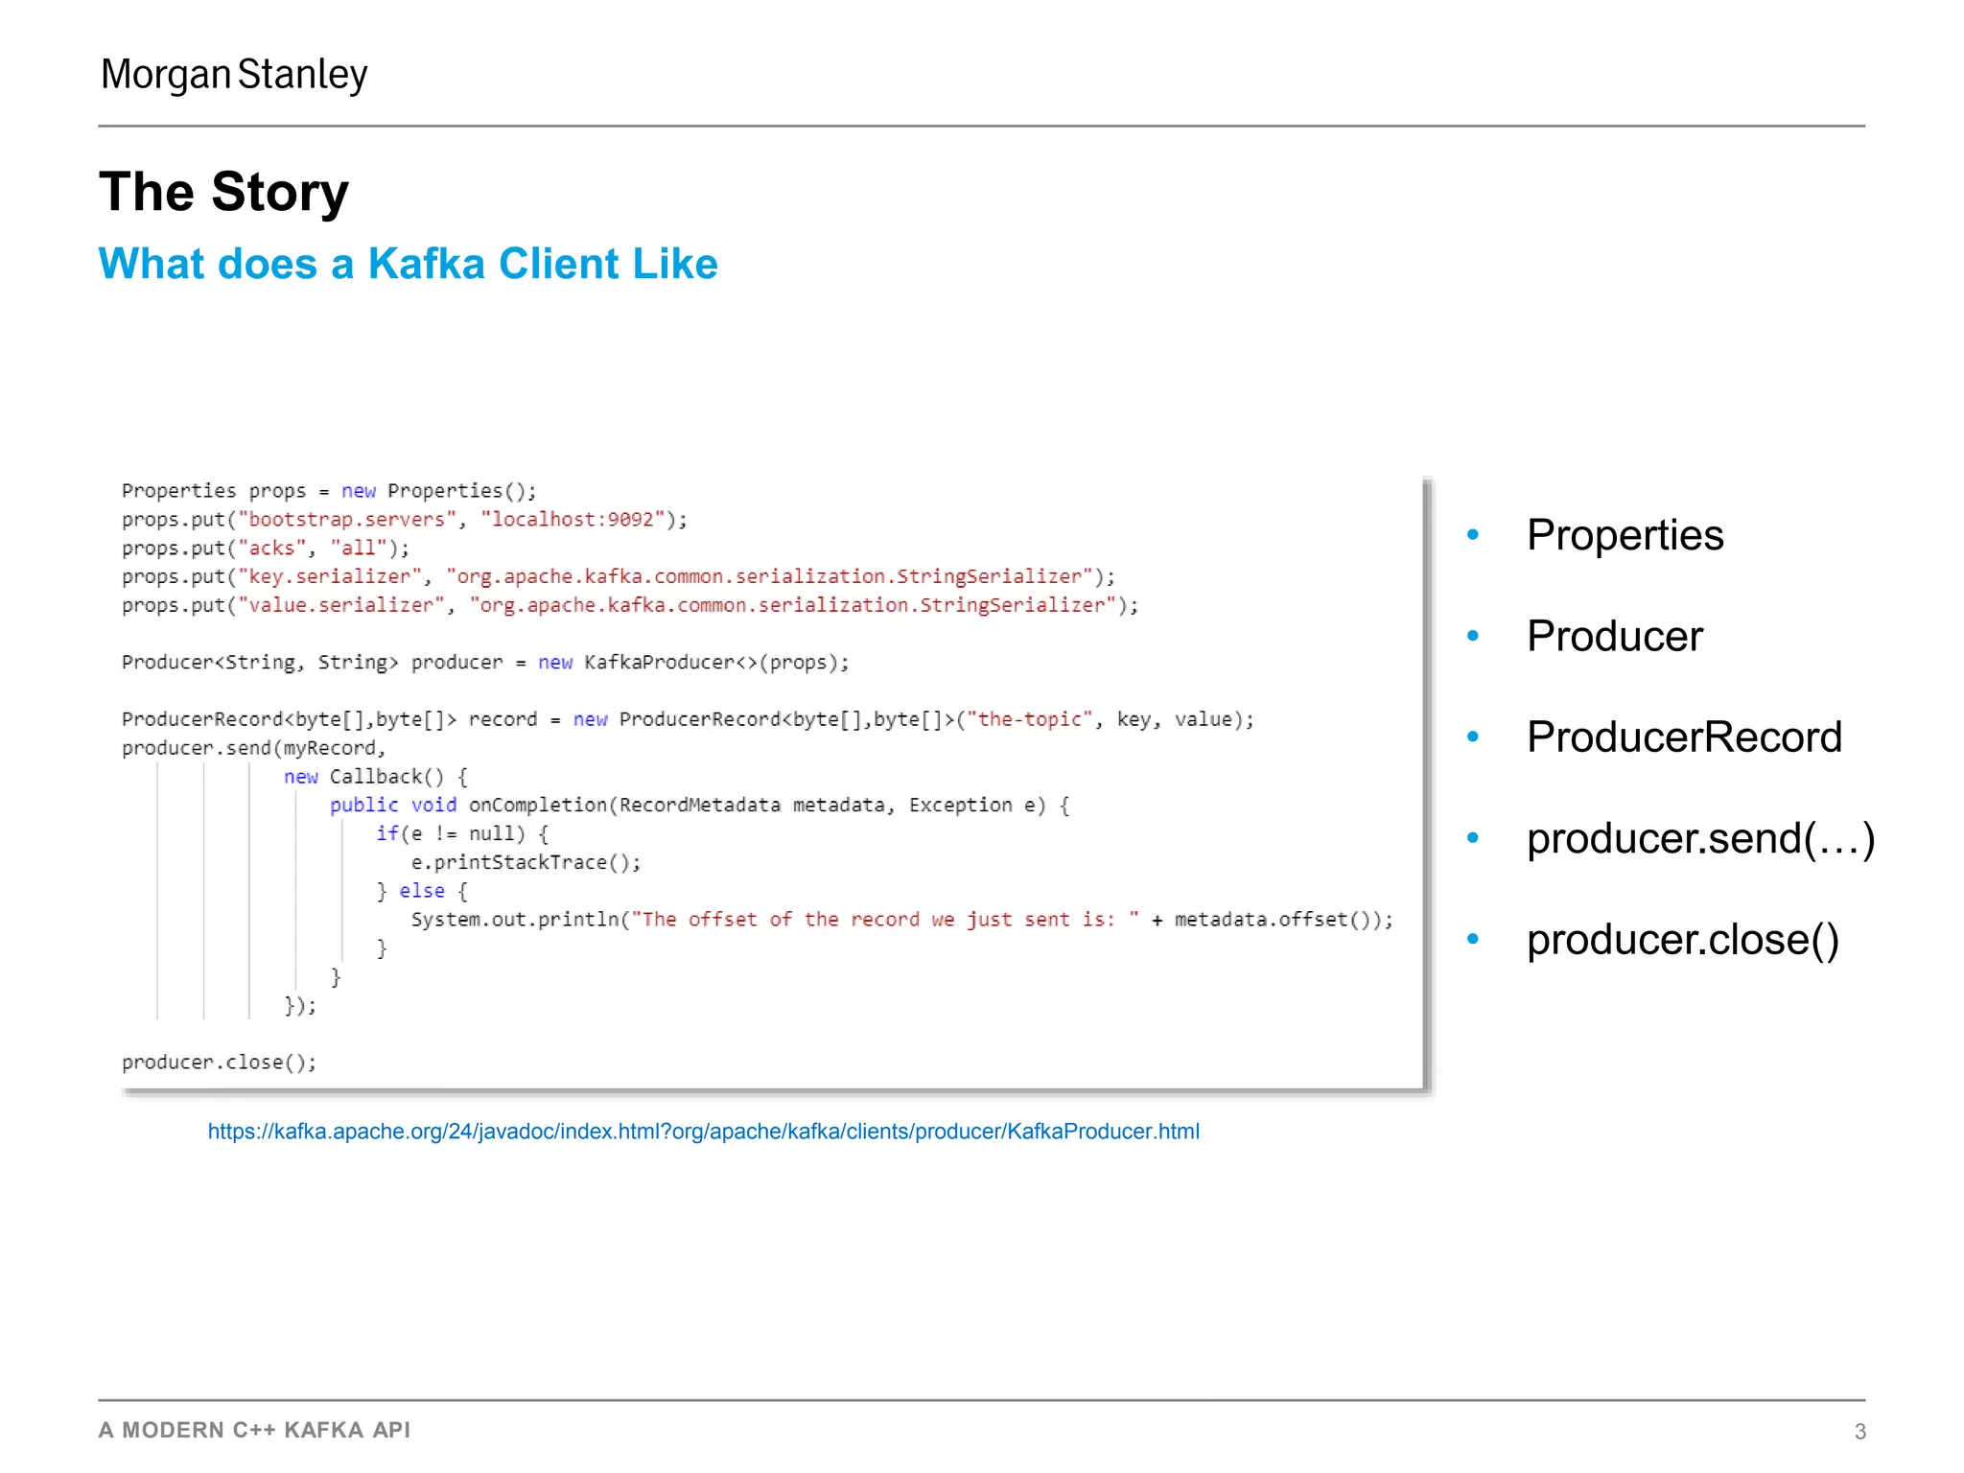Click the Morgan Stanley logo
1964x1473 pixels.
click(234, 75)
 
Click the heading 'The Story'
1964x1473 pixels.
click(223, 192)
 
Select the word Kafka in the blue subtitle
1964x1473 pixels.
click(427, 264)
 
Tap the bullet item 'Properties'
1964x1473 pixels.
click(1625, 535)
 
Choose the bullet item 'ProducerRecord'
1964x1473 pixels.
click(1684, 736)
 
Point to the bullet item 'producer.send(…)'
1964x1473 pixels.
click(1700, 838)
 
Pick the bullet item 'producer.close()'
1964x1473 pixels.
click(1682, 939)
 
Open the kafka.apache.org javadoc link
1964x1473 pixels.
click(703, 1132)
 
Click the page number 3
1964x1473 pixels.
click(1859, 1431)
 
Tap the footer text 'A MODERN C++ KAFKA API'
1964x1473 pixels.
click(254, 1430)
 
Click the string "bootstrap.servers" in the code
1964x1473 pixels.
click(347, 520)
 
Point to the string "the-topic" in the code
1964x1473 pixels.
click(1029, 719)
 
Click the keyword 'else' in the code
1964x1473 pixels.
click(422, 891)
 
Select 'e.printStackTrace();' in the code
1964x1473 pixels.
click(526, 862)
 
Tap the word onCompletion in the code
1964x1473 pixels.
click(538, 806)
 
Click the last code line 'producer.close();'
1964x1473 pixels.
click(219, 1063)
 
